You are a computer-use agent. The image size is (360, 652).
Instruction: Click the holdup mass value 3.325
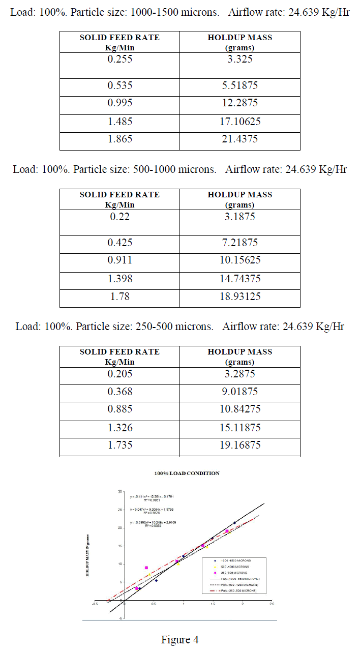click(x=240, y=59)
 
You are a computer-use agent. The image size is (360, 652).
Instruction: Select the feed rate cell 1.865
click(x=119, y=141)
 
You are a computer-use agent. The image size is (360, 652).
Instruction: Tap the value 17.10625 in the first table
click(x=240, y=122)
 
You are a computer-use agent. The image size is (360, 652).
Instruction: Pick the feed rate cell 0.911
click(x=119, y=260)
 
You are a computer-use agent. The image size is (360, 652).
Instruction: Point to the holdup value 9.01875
click(x=240, y=392)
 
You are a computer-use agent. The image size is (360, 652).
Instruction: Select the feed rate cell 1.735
click(x=119, y=445)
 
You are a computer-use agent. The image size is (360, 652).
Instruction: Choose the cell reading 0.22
click(x=119, y=217)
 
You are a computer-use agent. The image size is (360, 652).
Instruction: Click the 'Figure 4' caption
click(x=179, y=639)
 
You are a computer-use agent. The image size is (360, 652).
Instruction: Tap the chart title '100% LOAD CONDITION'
click(x=187, y=473)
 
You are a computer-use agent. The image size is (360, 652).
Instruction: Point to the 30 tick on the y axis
click(x=121, y=492)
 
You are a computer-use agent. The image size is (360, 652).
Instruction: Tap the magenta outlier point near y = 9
click(x=146, y=568)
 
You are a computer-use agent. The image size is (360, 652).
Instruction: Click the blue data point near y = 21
click(x=234, y=523)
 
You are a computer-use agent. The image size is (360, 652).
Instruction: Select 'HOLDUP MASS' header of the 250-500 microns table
click(x=240, y=351)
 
